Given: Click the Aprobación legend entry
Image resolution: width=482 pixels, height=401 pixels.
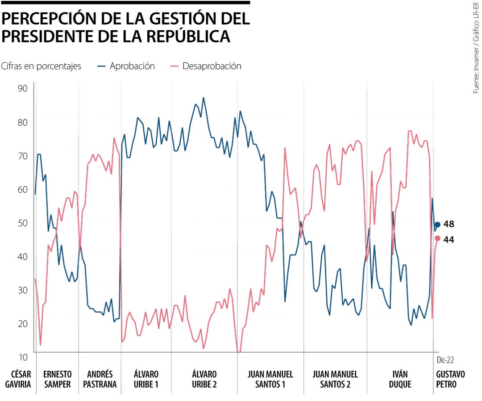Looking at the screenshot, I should pos(126,66).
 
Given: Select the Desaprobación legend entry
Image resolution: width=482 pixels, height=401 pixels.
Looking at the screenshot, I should pos(206,66).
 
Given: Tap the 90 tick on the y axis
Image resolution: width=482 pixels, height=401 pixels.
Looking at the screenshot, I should pos(23,88).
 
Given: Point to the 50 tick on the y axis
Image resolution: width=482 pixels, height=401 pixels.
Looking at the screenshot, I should pos(23,223).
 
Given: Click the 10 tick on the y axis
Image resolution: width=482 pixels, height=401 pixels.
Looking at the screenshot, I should pos(23,357).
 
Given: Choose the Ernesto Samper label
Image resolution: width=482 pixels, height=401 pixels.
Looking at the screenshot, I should pos(57,379).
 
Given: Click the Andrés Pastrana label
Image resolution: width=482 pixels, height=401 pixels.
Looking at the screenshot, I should pos(100,379).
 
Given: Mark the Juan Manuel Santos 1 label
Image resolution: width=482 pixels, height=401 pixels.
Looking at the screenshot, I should pos(270,379).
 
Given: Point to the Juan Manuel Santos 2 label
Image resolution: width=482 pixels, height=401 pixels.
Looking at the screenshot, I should pos(335,379).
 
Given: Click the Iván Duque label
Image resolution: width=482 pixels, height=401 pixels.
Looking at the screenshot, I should pos(400,379).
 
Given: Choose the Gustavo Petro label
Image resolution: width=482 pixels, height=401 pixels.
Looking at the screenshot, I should pos(450,379).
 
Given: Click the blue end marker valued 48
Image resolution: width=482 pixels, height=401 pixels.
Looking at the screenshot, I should pos(437,225).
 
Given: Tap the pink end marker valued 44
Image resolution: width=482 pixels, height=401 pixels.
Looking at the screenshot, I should pos(437,238).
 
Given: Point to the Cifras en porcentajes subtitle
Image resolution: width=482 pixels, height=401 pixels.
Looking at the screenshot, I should pos(41,66).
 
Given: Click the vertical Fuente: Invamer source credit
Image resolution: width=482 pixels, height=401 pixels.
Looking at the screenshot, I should pos(476,48).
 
